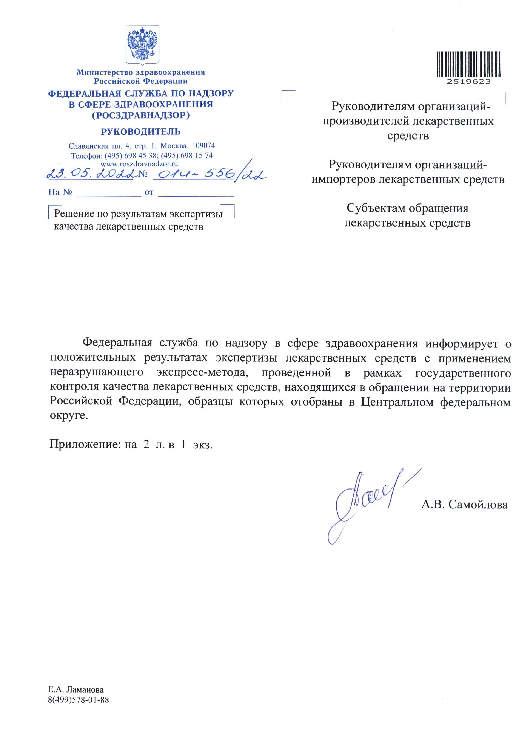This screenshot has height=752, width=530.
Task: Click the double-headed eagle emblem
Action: pyautogui.click(x=142, y=44)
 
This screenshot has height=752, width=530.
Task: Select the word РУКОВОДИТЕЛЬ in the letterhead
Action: pyautogui.click(x=141, y=132)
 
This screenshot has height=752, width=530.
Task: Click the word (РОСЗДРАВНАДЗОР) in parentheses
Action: pyautogui.click(x=141, y=115)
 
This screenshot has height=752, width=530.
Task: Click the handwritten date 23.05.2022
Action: pyautogui.click(x=90, y=174)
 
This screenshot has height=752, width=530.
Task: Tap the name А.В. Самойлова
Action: pyautogui.click(x=464, y=504)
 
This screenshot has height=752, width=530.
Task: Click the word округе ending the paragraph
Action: pyautogui.click(x=69, y=416)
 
